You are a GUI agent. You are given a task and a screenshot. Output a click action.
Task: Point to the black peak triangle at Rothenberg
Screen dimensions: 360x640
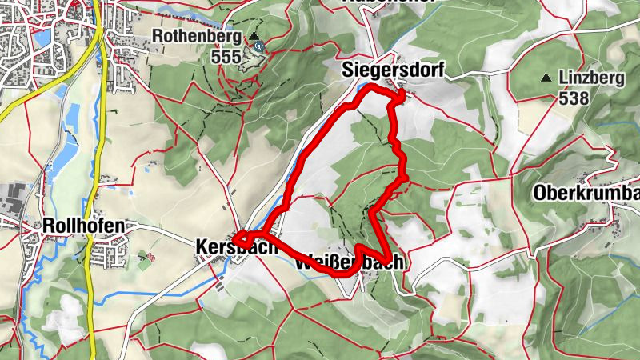click(x=254, y=36)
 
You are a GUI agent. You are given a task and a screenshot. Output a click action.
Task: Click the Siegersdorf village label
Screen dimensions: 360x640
click(x=392, y=70)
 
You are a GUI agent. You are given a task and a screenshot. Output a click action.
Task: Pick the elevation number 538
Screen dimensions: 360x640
click(x=574, y=99)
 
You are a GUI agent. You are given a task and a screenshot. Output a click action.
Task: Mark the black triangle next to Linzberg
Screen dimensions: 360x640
click(x=546, y=78)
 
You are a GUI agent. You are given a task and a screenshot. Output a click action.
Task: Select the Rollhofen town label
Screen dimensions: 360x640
click(x=85, y=226)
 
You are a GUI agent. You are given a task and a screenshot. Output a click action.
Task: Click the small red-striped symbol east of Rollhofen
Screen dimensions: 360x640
click(x=146, y=257)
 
